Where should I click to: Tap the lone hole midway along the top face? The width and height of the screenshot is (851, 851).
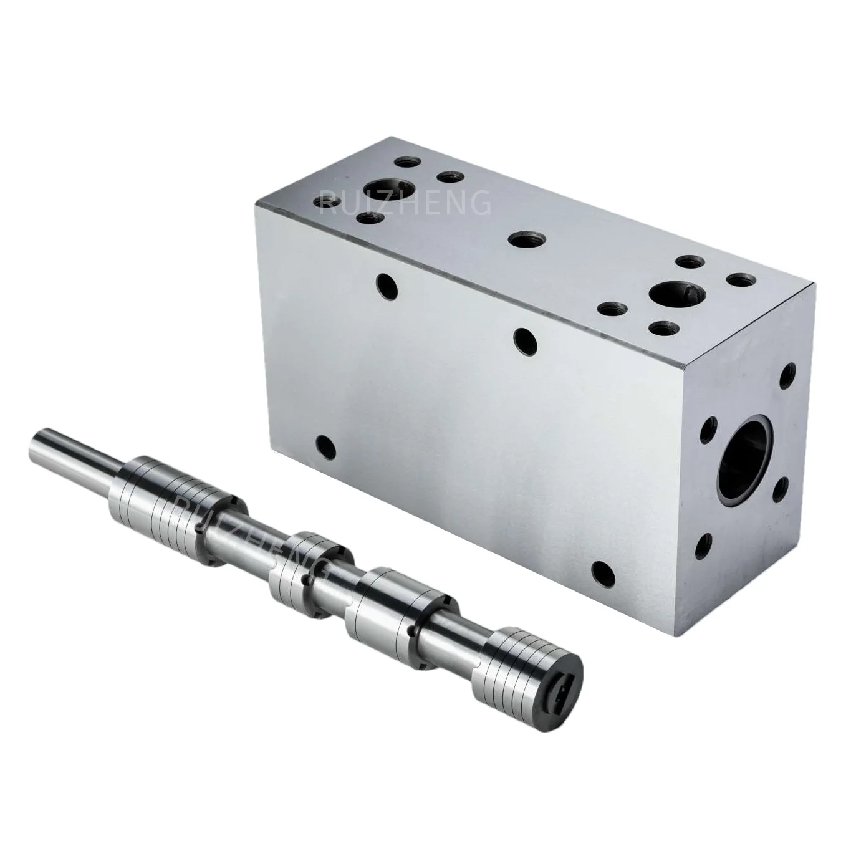[526, 238]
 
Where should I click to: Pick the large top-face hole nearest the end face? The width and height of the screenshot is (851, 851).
[675, 291]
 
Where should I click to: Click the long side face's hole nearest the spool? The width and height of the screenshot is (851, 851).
[325, 446]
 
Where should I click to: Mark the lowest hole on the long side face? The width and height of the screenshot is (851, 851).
[603, 572]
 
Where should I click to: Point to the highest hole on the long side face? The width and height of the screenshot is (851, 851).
[387, 286]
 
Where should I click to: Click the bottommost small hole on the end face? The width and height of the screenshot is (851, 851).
[703, 546]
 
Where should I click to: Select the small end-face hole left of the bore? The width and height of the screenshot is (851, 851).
[708, 430]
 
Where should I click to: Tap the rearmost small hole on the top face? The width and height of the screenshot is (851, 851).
[407, 162]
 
